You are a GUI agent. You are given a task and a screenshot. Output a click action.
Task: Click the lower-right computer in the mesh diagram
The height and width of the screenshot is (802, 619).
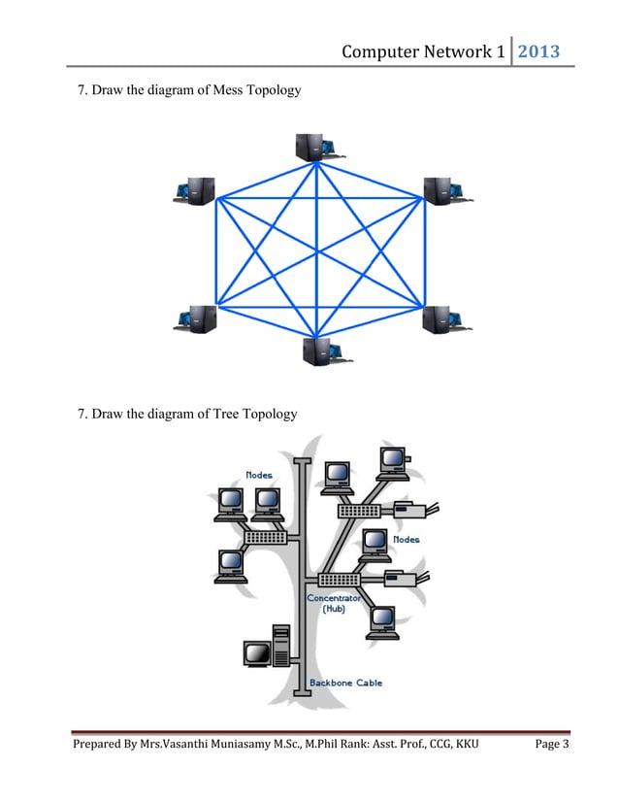[442, 318]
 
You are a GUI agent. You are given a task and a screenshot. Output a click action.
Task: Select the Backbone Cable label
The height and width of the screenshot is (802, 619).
[345, 683]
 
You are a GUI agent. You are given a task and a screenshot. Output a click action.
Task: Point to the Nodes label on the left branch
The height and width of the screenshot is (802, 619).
[259, 475]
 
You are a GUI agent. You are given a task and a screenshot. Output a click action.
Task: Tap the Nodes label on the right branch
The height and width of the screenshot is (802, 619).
[406, 539]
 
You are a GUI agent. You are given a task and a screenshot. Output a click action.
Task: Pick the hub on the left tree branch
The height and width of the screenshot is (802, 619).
[265, 537]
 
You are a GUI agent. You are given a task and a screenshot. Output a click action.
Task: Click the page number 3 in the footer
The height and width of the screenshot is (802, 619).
[566, 772]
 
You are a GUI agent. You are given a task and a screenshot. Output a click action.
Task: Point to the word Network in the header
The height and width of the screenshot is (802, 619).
[457, 50]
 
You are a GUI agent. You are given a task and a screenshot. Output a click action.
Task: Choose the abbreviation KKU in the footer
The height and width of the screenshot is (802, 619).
[464, 772]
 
